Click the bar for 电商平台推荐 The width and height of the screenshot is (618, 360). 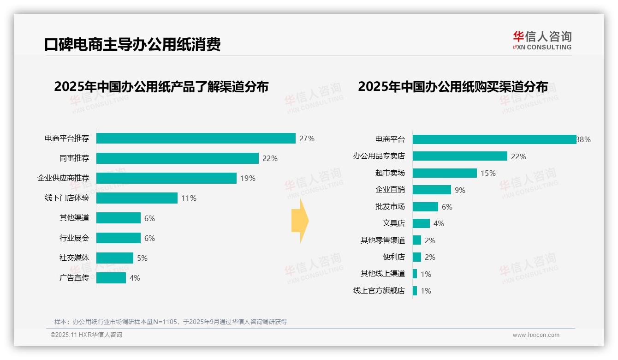pos(196,138)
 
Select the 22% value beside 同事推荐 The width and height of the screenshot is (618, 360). pos(270,158)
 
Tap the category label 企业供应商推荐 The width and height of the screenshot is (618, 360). pos(63,178)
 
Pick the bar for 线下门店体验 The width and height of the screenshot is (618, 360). pos(137,198)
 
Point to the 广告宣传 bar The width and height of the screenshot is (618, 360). pos(111,278)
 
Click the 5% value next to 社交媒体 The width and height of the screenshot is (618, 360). pos(142,258)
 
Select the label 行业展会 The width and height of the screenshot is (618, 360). pos(74,238)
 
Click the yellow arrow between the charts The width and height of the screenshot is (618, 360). pos(300,221)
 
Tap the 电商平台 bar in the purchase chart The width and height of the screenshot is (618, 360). pos(494,139)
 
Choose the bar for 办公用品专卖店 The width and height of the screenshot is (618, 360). pos(460,156)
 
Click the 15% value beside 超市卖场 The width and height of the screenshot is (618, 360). pos(488,173)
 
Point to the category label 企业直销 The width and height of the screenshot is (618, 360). pos(390,190)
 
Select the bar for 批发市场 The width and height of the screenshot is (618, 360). pos(425,207)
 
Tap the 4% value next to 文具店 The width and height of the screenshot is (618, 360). pos(439,223)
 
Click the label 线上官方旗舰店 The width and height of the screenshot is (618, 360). pos(379,291)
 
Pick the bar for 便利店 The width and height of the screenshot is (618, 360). pos(416,257)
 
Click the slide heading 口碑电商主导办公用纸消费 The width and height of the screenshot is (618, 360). pos(132,44)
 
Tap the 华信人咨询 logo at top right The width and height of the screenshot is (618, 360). pos(542,41)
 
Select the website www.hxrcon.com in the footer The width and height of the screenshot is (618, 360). pos(536,335)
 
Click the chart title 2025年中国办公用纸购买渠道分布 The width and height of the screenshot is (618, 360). pos(453,87)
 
